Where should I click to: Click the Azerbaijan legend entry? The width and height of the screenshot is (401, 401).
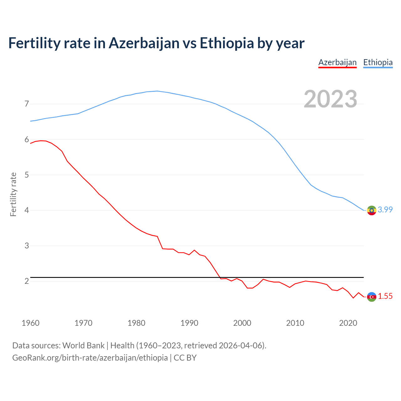337,63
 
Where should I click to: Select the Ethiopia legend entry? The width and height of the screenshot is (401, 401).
378,63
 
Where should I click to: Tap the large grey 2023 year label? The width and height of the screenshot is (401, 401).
331,99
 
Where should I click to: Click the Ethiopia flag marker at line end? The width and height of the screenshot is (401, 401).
372,210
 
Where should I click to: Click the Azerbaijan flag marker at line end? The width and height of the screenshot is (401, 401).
372,297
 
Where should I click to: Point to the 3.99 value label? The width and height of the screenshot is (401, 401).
385,210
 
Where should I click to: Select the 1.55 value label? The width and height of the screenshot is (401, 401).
385,296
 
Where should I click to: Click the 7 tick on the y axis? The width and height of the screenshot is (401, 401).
27,104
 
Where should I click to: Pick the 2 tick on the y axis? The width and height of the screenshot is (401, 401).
27,281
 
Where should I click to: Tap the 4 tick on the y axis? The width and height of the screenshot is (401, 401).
27,210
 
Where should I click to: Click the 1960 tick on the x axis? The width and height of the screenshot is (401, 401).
30,323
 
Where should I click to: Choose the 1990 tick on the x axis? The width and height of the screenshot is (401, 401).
189,323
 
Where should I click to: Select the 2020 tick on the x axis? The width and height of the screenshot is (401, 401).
348,323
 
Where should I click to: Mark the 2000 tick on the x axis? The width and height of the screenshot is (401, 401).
242,323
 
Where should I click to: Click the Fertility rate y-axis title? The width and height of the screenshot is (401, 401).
13,194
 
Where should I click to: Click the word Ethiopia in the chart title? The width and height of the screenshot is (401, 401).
227,43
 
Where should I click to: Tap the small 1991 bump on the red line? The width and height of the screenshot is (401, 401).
194,250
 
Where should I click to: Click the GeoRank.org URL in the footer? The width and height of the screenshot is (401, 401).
90,358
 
